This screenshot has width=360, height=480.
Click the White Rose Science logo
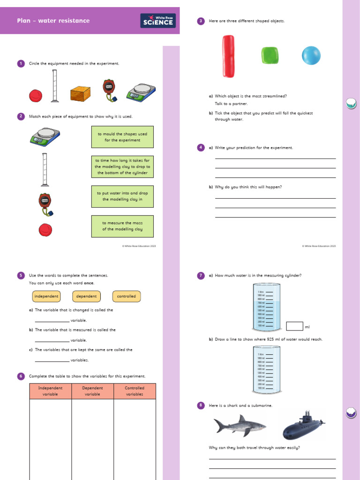(x=158, y=21)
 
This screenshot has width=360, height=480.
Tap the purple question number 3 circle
(x=201, y=21)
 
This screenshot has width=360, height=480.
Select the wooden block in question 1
(x=80, y=94)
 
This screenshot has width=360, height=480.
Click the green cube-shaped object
(x=270, y=55)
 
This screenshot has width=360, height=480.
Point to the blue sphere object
(x=311, y=55)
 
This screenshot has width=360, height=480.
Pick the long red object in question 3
(x=228, y=56)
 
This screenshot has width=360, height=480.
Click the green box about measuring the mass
(x=122, y=226)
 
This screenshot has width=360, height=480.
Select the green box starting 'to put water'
(x=122, y=196)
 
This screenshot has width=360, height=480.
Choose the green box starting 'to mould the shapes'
(x=122, y=137)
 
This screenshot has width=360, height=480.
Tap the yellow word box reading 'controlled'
(x=127, y=296)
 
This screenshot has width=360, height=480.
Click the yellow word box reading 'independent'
(x=46, y=296)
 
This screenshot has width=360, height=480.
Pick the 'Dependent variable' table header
(x=92, y=391)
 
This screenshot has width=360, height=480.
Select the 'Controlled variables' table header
(x=135, y=391)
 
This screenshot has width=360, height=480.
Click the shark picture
(x=239, y=425)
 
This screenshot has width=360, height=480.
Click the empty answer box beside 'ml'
(x=294, y=326)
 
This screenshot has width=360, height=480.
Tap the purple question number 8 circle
(x=201, y=405)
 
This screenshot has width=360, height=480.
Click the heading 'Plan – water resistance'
(x=53, y=21)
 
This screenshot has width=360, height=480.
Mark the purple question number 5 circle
(x=21, y=276)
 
